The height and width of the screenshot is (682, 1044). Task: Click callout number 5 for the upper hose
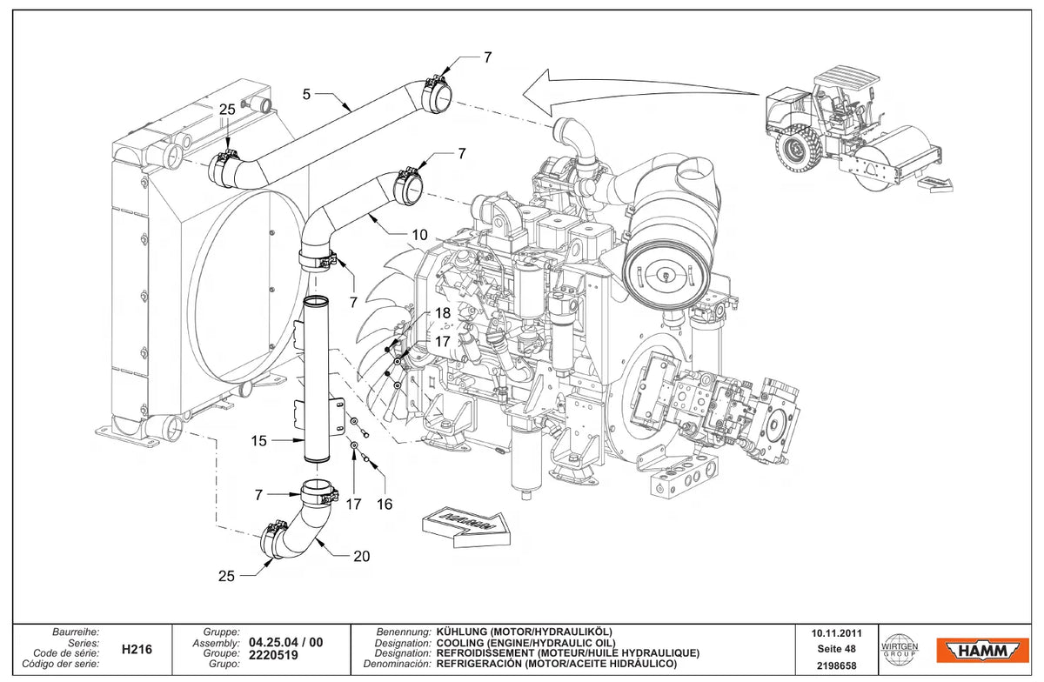coord(306,94)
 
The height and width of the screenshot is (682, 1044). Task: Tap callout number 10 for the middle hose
coord(419,235)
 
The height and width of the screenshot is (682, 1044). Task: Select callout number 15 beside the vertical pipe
coord(258,440)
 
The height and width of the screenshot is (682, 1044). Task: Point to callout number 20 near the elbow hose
coord(362,556)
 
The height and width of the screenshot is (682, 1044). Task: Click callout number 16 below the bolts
coord(385,504)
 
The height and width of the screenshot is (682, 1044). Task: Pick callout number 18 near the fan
coord(443,312)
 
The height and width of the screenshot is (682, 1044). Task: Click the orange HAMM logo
coord(982,651)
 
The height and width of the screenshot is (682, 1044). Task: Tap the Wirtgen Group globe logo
coord(899,649)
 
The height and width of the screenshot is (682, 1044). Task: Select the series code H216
coord(137,649)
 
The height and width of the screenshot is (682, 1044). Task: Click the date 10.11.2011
coord(837,633)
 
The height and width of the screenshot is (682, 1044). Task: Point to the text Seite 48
coord(837,649)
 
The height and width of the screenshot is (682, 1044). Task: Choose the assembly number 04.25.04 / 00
coord(285,642)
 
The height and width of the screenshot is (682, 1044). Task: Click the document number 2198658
coord(837,665)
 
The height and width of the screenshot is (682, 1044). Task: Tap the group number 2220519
coord(273,655)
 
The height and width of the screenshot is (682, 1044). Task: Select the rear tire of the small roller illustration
coord(798,150)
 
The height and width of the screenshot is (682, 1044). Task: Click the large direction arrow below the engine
coord(465,525)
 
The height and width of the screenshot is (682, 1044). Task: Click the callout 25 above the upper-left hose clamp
coord(227,110)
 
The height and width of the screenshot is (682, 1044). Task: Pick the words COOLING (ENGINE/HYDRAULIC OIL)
coord(526,644)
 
